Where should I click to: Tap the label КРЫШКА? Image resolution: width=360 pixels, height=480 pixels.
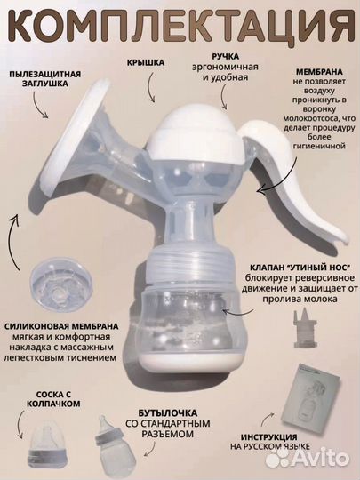pyautogui.click(x=145, y=65)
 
